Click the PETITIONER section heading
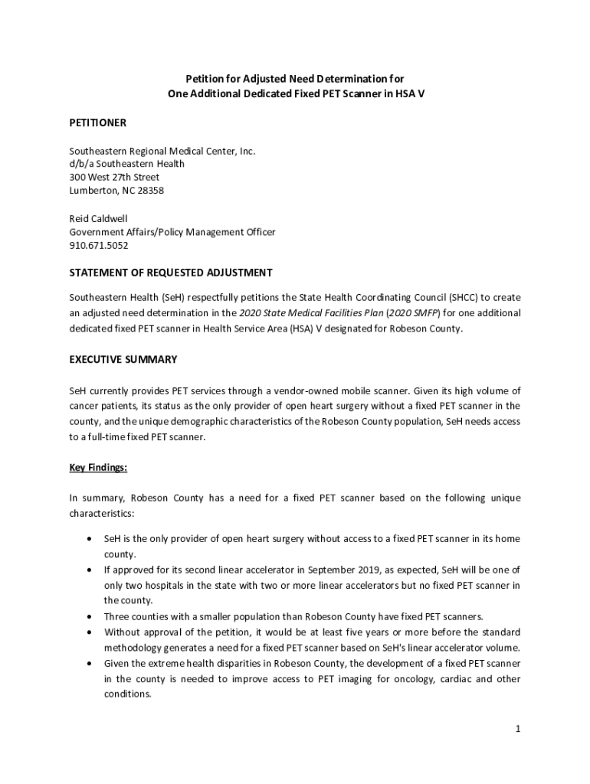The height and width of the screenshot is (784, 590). point(97,122)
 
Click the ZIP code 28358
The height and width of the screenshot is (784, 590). point(148,191)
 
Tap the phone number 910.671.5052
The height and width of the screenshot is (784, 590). point(99,246)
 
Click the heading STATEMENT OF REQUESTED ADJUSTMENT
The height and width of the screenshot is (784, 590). point(171,273)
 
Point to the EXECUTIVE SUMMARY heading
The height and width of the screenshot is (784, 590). point(123,359)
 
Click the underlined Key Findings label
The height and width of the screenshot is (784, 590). point(98,467)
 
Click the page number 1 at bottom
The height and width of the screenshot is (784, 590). point(518,730)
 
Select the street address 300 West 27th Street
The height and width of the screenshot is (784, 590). point(114,177)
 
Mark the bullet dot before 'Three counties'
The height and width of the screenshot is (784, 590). point(90,616)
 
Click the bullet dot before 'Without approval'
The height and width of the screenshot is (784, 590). point(90,632)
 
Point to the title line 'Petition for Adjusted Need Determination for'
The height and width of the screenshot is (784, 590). point(295,79)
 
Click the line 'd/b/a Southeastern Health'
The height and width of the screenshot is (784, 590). point(127,163)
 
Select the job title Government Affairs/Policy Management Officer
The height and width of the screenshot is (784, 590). point(172,232)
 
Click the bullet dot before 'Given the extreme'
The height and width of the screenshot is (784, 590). point(90,663)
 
